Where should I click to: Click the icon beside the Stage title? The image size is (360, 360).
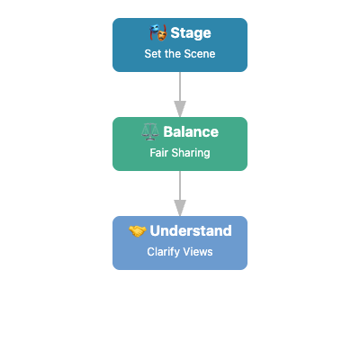tap(158, 34)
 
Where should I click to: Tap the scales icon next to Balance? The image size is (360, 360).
tap(150, 132)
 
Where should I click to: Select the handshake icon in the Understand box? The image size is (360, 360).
tap(138, 231)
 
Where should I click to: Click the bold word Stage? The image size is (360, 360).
tap(191, 34)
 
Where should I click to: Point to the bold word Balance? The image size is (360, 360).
tap(191, 132)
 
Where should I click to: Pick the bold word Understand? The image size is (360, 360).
tap(191, 231)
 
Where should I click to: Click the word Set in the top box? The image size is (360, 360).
tap(154, 54)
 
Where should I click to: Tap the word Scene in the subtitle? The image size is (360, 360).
tap(200, 54)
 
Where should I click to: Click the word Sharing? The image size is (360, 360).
tap(192, 153)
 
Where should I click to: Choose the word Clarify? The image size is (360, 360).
tap(164, 252)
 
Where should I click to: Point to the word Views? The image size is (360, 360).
tap(198, 252)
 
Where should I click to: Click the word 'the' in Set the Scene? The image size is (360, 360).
tap(174, 54)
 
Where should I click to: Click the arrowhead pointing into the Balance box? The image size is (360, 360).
tap(180, 110)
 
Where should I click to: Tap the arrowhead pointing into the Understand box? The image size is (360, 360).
tap(180, 209)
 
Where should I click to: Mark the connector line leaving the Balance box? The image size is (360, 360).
tap(180, 185)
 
